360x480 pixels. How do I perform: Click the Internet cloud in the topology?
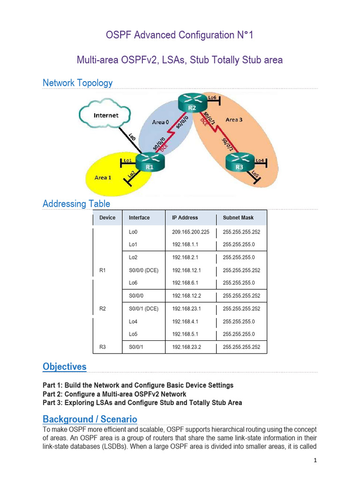click(x=106, y=115)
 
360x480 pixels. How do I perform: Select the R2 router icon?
click(x=192, y=105)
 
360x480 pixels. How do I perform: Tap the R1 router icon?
click(x=150, y=163)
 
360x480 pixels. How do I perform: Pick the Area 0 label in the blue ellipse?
click(x=161, y=122)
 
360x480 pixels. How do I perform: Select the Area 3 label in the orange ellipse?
click(x=234, y=120)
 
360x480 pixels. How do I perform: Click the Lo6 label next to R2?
click(x=212, y=97)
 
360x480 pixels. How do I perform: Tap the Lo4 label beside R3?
click(x=260, y=160)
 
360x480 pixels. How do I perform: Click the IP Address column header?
click(x=185, y=217)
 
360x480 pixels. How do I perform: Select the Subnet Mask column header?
click(x=238, y=217)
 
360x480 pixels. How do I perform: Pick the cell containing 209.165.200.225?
click(x=190, y=232)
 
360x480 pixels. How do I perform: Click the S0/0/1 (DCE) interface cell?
click(x=143, y=309)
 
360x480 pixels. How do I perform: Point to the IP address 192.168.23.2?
click(x=186, y=347)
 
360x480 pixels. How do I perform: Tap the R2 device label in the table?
click(x=103, y=309)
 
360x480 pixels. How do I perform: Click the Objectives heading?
click(x=64, y=367)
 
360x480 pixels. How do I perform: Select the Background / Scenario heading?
click(x=90, y=419)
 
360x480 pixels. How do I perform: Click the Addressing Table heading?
click(x=76, y=204)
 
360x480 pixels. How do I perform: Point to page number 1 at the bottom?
click(x=315, y=460)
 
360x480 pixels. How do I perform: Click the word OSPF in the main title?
click(x=120, y=35)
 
